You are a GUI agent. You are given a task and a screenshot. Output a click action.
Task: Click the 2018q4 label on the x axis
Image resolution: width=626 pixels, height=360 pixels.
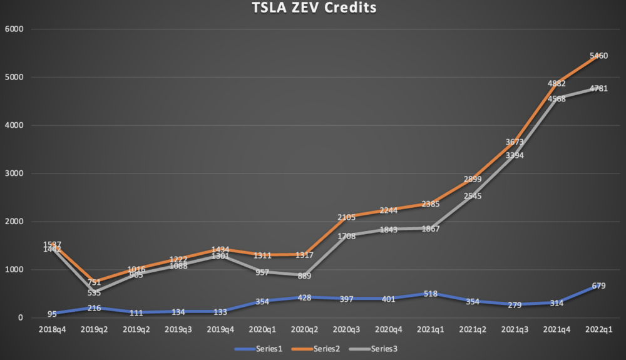point(52,329)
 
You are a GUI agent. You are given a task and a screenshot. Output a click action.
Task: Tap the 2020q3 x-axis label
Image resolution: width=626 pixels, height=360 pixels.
point(347,329)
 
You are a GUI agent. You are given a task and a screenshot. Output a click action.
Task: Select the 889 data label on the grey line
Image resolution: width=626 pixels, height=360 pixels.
point(305,276)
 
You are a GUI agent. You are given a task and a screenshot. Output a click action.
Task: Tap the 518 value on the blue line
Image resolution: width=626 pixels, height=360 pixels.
point(431,294)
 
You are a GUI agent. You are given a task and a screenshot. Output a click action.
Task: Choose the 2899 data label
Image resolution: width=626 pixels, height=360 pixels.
point(473,180)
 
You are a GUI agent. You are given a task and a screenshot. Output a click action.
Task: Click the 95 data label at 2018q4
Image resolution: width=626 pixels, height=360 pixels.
point(52,314)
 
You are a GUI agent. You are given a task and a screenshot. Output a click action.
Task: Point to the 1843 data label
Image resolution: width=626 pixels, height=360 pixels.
point(389,230)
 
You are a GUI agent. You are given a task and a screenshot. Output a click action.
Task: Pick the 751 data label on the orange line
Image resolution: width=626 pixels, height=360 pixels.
point(94,282)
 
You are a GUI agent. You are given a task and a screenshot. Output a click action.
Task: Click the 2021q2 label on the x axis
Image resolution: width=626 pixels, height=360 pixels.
point(473,329)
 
